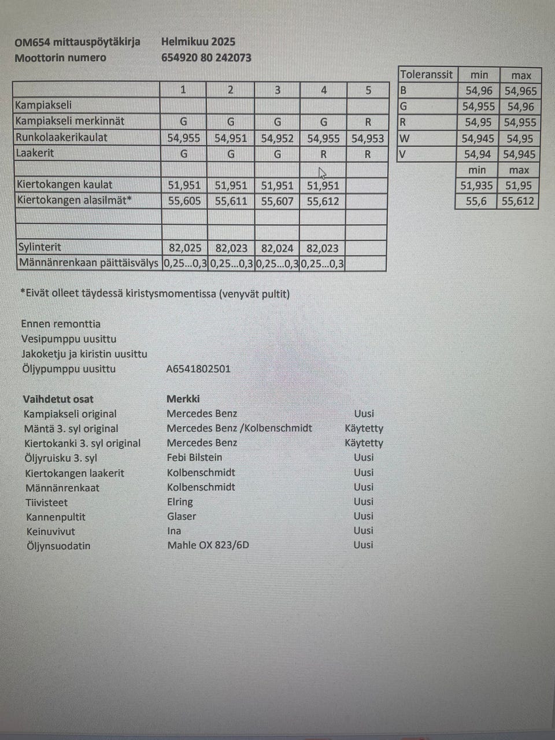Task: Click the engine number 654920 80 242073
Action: [x=206, y=58]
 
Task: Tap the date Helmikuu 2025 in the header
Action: [x=198, y=42]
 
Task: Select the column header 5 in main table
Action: [x=368, y=90]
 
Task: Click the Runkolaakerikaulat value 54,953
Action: [x=368, y=138]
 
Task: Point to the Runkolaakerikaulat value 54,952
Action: [x=277, y=138]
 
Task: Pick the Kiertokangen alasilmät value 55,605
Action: [x=184, y=201]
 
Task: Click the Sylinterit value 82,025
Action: [x=185, y=248]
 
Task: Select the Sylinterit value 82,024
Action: [x=277, y=248]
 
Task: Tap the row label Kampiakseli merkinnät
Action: [x=69, y=121]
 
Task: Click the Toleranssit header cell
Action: [x=427, y=75]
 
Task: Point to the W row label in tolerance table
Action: [x=404, y=138]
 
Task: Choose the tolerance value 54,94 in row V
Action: [x=477, y=154]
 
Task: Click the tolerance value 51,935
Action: [x=476, y=186]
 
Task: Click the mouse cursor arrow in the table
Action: [x=322, y=173]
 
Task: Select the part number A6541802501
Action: [x=198, y=369]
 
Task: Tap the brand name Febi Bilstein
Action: [x=194, y=457]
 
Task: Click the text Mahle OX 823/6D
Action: [x=208, y=545]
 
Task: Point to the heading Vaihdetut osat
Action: [x=58, y=399]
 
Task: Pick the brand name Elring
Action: [x=180, y=502]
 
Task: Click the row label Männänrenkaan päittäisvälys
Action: [x=88, y=263]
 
